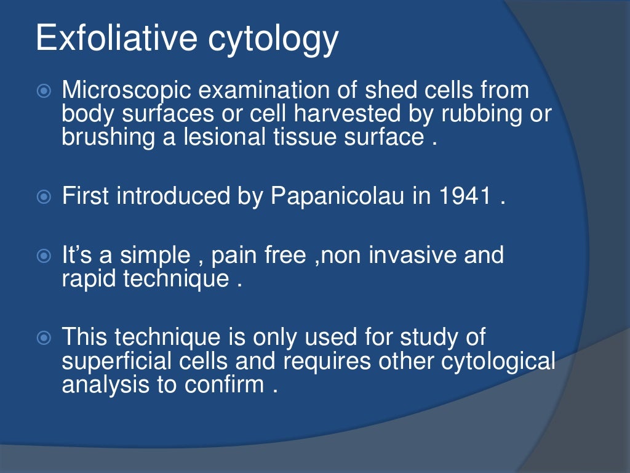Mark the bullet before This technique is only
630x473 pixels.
pyautogui.click(x=43, y=338)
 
